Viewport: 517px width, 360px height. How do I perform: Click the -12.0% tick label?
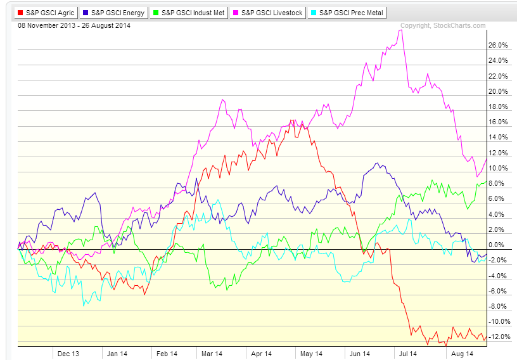(x=499, y=337)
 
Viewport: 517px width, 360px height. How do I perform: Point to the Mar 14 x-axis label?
(x=212, y=354)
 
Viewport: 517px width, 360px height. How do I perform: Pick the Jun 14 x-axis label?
(x=359, y=354)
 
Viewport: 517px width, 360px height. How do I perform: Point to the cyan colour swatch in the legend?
(x=314, y=12)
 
